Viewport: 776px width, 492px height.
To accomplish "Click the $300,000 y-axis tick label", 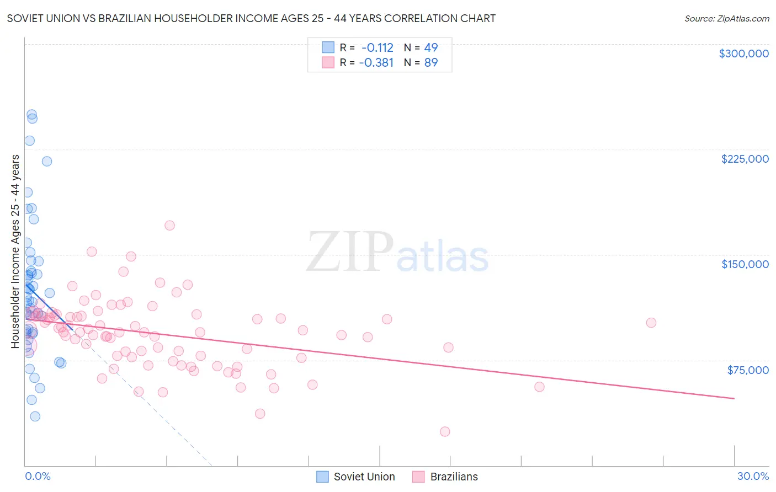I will click(x=743, y=54).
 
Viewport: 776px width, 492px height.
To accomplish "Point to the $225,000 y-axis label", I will click(x=745, y=159).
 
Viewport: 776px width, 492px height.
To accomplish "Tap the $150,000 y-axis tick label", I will click(x=745, y=264).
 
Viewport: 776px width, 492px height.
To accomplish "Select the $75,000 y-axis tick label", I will click(x=748, y=370).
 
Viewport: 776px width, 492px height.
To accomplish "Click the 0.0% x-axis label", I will click(x=38, y=476).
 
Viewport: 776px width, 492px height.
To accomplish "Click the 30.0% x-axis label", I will click(x=753, y=476).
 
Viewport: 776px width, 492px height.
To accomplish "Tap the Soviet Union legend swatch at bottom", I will click(x=323, y=477).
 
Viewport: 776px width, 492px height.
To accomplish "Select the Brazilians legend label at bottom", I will click(x=454, y=477).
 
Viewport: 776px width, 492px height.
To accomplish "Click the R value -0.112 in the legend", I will click(x=377, y=47).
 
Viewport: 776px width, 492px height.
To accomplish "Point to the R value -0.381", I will click(x=376, y=62).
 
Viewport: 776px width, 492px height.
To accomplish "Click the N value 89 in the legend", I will click(x=430, y=62).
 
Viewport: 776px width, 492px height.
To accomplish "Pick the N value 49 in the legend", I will click(x=430, y=47).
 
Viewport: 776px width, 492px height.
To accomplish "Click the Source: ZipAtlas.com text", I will click(x=726, y=18).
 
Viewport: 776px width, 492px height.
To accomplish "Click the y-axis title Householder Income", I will click(x=15, y=251).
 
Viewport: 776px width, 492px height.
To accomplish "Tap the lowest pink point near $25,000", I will click(x=445, y=431).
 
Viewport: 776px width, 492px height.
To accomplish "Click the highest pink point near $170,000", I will click(x=169, y=225).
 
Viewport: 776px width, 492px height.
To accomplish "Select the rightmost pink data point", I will click(x=651, y=323).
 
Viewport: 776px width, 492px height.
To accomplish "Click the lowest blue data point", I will click(x=35, y=416).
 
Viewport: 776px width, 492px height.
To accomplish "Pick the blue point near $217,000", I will click(x=47, y=161).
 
